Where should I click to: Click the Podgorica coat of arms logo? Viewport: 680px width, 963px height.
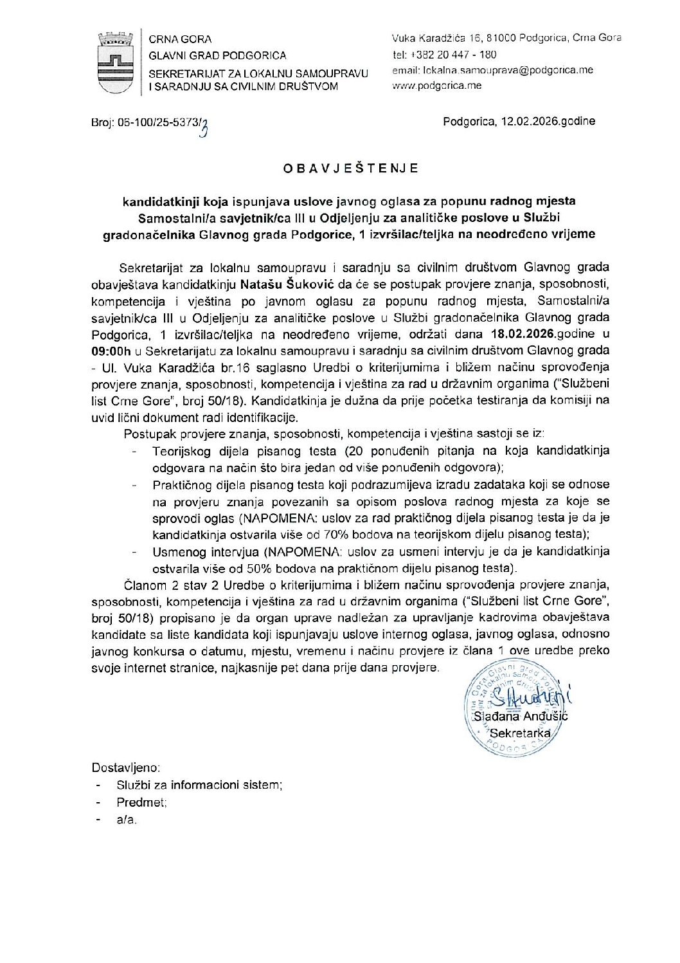(x=116, y=62)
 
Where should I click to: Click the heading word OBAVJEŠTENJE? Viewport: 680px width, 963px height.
(x=351, y=169)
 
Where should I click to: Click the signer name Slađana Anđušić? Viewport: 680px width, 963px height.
(x=521, y=716)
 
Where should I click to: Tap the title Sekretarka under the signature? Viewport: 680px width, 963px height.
(x=520, y=733)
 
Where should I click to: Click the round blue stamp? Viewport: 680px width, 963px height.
(x=508, y=708)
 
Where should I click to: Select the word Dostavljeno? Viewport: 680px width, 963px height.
(x=126, y=767)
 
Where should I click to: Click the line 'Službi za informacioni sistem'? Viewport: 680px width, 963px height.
(x=199, y=785)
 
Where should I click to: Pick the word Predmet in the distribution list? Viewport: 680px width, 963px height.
(x=141, y=802)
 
